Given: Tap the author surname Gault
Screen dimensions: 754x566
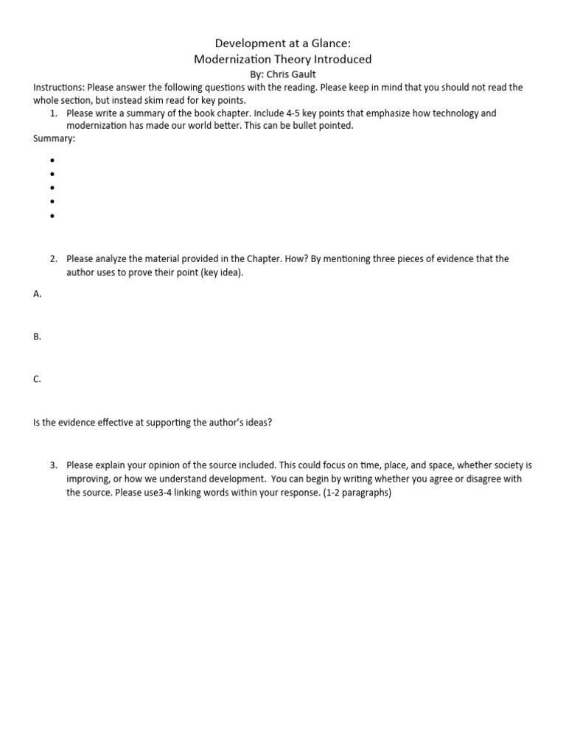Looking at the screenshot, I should point(301,74).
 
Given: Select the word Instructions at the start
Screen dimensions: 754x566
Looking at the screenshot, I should point(59,87).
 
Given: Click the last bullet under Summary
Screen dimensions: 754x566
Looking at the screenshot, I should point(53,216).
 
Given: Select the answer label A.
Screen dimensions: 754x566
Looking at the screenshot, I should point(37,294).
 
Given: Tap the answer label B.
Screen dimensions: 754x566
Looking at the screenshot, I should point(37,337).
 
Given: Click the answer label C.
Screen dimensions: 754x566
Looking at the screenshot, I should point(37,379).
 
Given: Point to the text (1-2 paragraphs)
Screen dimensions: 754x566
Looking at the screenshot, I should point(357,493).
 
